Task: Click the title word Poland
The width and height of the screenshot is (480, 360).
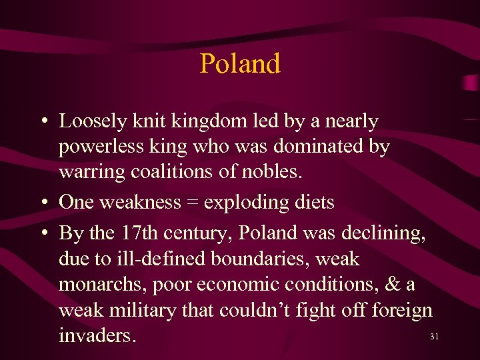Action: click(240, 64)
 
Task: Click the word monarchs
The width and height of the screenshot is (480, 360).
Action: click(102, 284)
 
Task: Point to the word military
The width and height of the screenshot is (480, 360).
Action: click(152, 309)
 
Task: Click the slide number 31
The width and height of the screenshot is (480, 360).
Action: click(434, 337)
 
